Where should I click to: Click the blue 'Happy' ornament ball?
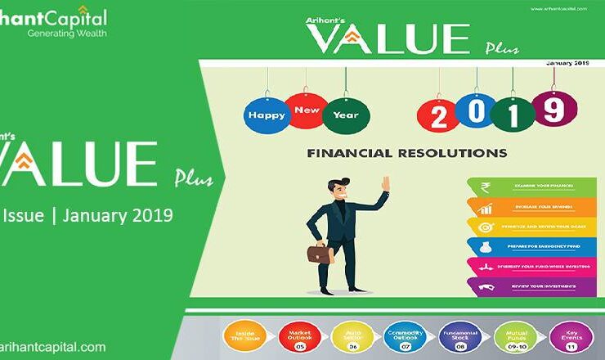(266, 114)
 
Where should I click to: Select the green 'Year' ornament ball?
(346, 115)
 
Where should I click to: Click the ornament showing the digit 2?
(438, 117)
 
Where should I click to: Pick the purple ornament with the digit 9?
(553, 109)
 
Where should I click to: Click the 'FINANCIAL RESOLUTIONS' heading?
(406, 153)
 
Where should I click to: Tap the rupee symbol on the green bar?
(483, 187)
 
